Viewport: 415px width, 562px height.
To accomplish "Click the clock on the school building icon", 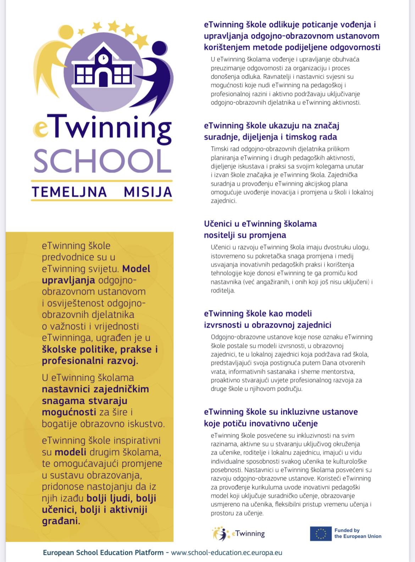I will (x=103, y=58).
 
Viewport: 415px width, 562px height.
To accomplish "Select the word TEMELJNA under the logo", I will (x=70, y=192).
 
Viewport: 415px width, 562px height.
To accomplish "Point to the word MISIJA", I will (x=148, y=192).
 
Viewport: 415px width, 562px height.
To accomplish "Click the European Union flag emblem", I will (x=321, y=533).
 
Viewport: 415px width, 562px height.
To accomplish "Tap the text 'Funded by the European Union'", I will (x=358, y=533).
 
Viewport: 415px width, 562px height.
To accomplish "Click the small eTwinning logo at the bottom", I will (x=239, y=534).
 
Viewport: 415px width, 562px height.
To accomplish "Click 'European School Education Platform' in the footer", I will (x=103, y=552).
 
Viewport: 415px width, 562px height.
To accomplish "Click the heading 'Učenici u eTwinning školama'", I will (x=260, y=224).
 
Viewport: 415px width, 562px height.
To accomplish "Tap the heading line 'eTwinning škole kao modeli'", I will (x=258, y=313).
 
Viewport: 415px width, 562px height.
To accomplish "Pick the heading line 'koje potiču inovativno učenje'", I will (x=260, y=423).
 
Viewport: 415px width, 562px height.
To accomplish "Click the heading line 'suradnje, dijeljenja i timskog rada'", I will (x=270, y=137).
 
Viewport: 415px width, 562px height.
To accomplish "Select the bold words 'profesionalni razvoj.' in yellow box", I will (x=90, y=361).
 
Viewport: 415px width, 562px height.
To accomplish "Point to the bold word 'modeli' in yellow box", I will (x=70, y=452).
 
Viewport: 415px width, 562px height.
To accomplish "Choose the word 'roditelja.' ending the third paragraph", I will (x=223, y=291).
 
